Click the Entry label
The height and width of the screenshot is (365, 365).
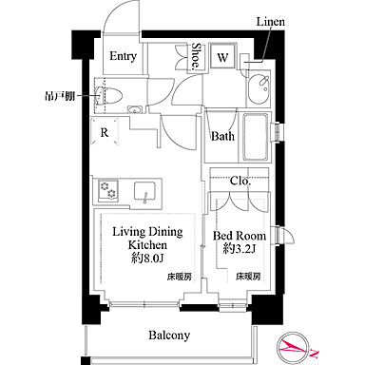[122, 56]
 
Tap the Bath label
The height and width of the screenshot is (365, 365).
[222, 136]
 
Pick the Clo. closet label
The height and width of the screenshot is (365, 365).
[240, 179]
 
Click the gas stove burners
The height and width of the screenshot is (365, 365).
[107, 194]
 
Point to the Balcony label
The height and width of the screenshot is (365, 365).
[170, 335]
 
